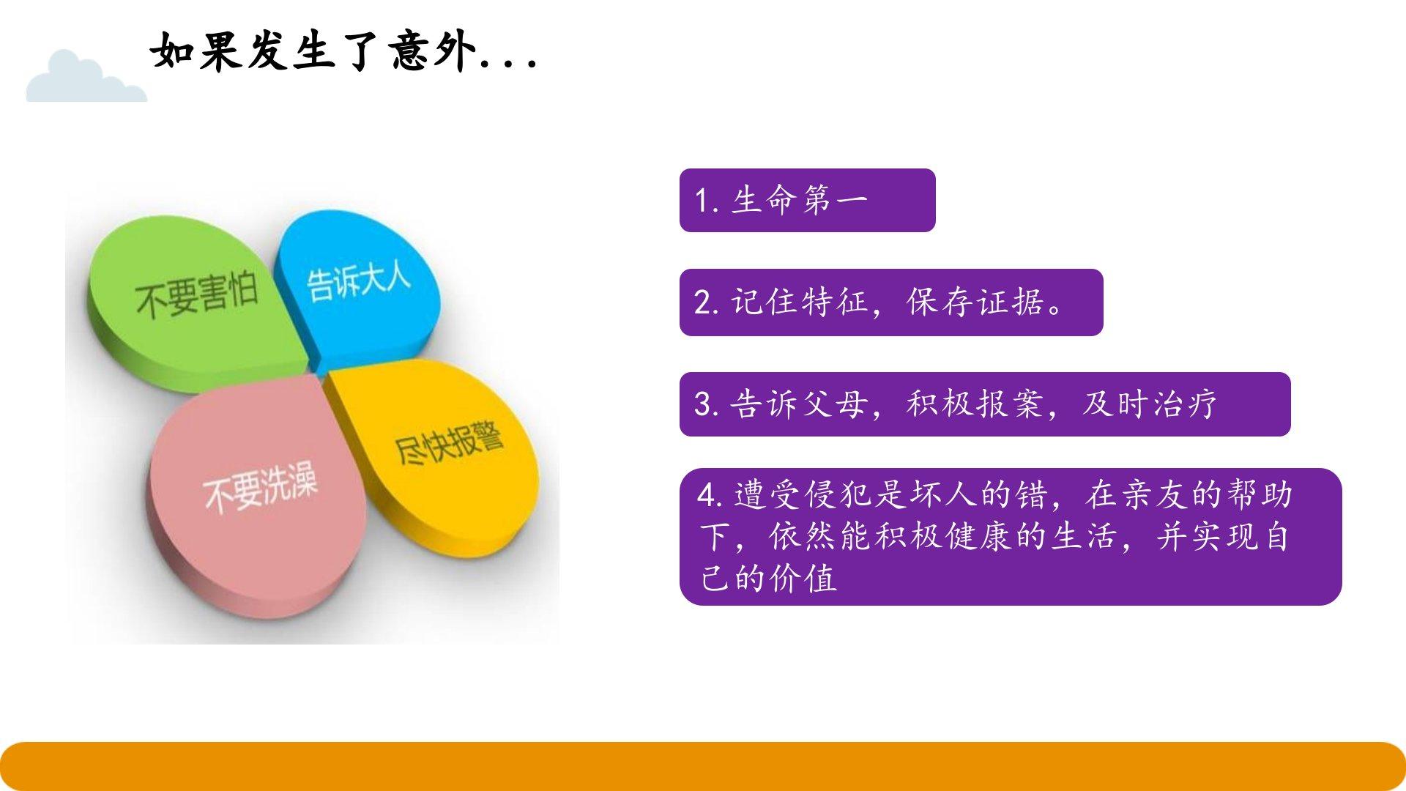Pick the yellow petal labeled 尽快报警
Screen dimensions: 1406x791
[439, 454]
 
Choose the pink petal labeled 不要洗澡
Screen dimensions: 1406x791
[256, 498]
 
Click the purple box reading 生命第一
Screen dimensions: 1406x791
[807, 201]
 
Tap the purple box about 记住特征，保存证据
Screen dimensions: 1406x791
[891, 302]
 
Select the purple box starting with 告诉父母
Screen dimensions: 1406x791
[985, 404]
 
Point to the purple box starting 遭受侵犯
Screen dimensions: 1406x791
[1011, 537]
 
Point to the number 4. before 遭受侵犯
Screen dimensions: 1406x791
[710, 496]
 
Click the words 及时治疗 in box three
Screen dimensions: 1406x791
[1150, 404]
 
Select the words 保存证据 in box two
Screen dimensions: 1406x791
[975, 302]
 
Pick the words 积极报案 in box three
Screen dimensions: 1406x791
[974, 404]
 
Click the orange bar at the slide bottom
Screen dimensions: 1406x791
[703, 766]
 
